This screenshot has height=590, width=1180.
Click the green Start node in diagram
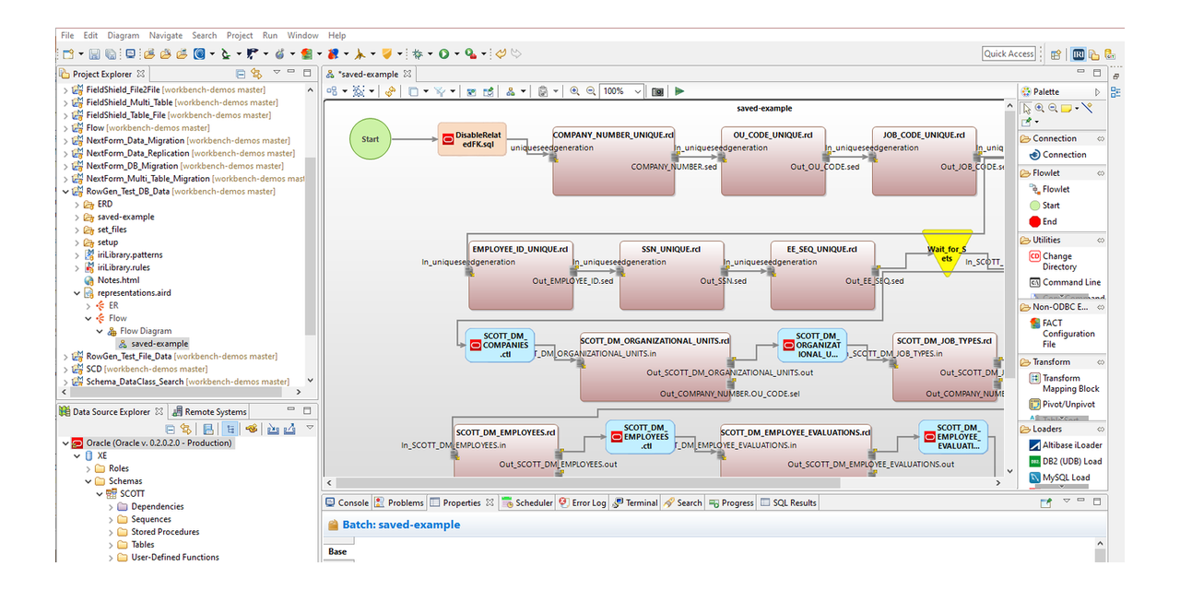[370, 139]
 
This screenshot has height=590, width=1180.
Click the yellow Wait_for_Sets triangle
[947, 254]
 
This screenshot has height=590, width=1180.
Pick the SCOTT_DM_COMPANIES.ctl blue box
[500, 346]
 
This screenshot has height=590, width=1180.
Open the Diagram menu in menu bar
[123, 35]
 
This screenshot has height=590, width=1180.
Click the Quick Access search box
[1009, 53]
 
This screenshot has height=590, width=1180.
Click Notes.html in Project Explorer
[118, 280]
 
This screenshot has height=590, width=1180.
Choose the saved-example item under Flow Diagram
[159, 344]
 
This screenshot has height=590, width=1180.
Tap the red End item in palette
[1049, 221]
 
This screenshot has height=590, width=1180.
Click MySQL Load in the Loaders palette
[1067, 478]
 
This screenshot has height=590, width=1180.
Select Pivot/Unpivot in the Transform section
[1068, 404]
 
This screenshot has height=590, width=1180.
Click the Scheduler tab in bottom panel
[534, 502]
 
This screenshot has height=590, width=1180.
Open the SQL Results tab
[794, 502]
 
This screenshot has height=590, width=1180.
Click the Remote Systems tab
[215, 412]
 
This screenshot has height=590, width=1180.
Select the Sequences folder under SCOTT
[151, 519]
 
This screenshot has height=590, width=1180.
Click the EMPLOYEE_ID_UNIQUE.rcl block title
[520, 249]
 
